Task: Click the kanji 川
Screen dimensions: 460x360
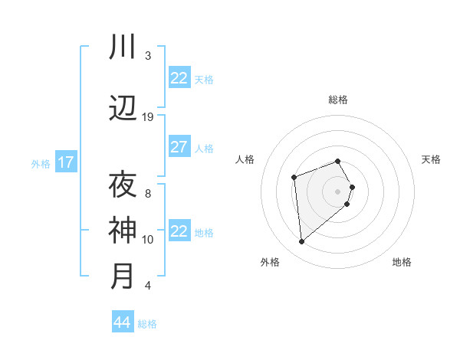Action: [123, 47]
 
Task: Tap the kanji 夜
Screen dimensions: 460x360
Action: [123, 185]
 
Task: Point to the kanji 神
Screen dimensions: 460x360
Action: [123, 230]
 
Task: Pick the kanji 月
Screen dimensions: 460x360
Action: [123, 276]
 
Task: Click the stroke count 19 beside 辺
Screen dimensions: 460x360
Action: [148, 117]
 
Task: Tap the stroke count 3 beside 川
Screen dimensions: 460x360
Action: [148, 56]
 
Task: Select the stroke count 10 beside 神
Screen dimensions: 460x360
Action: [148, 240]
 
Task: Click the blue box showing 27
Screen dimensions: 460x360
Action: [179, 147]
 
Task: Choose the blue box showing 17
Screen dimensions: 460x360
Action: [65, 162]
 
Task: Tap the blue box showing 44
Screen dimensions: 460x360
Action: [122, 322]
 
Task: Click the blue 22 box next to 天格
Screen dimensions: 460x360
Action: [179, 78]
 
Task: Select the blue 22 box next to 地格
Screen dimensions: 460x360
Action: [179, 231]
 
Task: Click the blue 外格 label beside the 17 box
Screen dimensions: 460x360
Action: [41, 163]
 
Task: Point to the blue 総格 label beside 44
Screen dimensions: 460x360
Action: [147, 324]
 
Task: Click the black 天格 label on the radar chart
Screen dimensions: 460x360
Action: [431, 159]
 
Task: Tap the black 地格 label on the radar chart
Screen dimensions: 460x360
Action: [402, 262]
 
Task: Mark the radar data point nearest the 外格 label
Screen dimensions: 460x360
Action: [302, 242]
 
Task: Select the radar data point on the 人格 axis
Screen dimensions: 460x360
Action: [294, 178]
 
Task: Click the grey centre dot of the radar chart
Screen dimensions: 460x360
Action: [337, 191]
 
